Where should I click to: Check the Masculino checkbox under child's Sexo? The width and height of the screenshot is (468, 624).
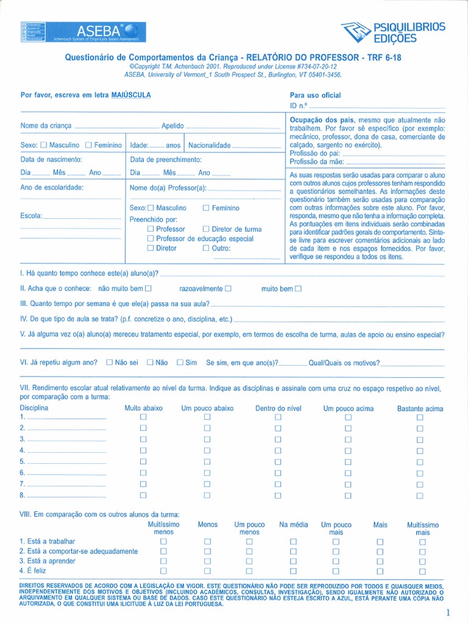pyautogui.click(x=43, y=145)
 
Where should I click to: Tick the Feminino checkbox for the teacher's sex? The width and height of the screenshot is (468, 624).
pyautogui.click(x=206, y=208)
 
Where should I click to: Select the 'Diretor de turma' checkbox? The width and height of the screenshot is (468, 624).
pyautogui.click(x=206, y=229)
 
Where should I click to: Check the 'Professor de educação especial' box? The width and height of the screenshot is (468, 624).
pyautogui.click(x=151, y=239)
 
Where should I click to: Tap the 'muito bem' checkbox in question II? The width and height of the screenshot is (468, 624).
pyautogui.click(x=298, y=288)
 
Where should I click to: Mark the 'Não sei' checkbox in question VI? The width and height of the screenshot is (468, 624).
pyautogui.click(x=110, y=362)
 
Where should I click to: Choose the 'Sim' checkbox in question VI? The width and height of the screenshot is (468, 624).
pyautogui.click(x=180, y=362)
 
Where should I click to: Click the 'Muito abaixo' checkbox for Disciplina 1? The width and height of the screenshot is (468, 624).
pyautogui.click(x=144, y=417)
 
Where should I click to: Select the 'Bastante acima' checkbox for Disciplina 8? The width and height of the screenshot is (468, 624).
pyautogui.click(x=419, y=495)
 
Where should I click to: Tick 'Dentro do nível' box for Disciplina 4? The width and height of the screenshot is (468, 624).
pyautogui.click(x=278, y=450)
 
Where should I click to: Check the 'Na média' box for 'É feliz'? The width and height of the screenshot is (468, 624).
pyautogui.click(x=293, y=571)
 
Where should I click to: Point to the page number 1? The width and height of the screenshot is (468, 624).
pyautogui.click(x=448, y=612)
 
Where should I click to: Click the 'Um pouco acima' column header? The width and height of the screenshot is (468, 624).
pyautogui.click(x=348, y=408)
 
